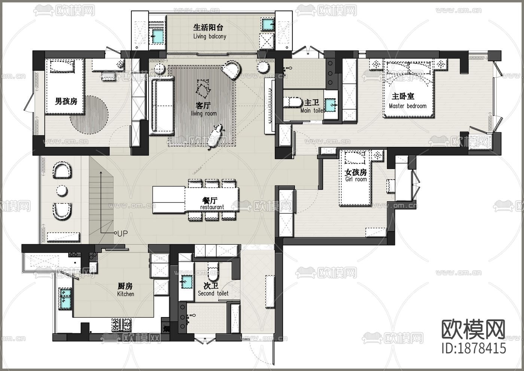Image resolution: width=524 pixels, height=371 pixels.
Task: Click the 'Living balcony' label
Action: pos(210,36)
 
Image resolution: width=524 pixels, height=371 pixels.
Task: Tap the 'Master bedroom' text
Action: pos(408,106)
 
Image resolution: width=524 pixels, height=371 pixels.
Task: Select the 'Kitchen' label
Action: pos(125,294)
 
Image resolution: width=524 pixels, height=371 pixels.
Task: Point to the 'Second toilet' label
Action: pos(213,293)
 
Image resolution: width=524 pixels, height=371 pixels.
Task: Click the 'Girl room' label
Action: pos(356,179)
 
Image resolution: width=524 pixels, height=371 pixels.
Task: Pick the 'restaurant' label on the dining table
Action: pos(212,207)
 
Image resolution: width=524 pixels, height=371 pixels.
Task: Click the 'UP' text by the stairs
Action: pos(122,233)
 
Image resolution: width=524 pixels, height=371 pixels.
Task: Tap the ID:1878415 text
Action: pos(474,348)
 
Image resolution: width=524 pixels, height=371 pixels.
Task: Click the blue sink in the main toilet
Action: pos(330,105)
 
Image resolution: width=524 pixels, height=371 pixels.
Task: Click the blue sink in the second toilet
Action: pos(186,281)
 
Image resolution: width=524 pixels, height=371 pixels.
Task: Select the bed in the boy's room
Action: pos(65,86)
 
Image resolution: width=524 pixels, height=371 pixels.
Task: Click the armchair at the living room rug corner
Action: pos(233,70)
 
